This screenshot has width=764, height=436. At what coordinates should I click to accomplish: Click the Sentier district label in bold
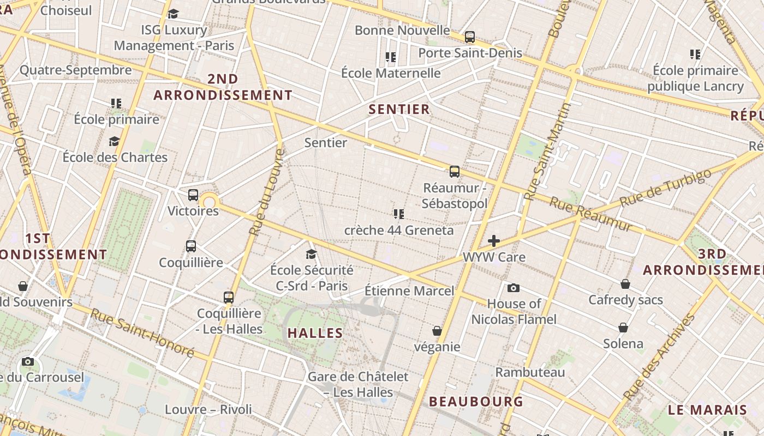pos(399,109)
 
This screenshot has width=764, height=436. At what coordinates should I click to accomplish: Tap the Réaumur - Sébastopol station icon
pos(454,172)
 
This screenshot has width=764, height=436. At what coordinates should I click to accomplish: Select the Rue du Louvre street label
pos(267,192)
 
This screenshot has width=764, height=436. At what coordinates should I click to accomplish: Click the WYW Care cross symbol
pos(494,240)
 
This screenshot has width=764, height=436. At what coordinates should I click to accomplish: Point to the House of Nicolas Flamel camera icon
pos(513,288)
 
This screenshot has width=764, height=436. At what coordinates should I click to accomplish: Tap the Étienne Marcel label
pos(409,290)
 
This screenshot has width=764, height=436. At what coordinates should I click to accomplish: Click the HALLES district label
pos(315,333)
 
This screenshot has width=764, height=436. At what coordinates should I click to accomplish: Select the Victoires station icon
pos(193,195)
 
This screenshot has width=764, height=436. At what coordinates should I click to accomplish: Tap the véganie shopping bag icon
pos(437,330)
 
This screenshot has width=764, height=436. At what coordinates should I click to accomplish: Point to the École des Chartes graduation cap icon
pos(114,141)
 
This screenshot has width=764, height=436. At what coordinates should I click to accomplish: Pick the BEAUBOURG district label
pos(476,402)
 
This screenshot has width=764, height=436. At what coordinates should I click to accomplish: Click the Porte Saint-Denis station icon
pos(469,37)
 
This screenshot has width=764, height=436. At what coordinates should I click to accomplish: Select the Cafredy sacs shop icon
pos(625,284)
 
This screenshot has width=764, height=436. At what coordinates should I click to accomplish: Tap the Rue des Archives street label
pos(660,356)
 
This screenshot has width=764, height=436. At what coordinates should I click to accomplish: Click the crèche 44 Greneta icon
pos(398,214)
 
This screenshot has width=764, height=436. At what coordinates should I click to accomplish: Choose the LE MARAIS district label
pos(707,410)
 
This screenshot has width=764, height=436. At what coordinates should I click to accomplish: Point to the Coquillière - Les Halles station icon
pos(229,297)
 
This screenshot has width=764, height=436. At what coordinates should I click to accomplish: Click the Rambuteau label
pos(530,372)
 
